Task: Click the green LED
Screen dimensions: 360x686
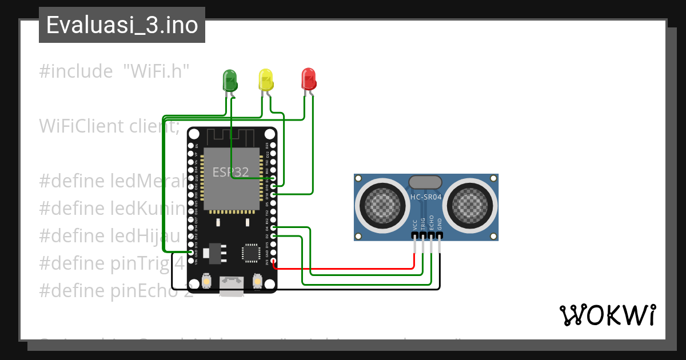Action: [229, 80]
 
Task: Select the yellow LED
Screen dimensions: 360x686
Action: [266, 79]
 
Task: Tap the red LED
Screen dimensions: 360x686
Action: [308, 78]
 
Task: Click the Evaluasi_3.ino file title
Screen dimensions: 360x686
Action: [122, 26]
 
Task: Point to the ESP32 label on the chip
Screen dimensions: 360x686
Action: [230, 172]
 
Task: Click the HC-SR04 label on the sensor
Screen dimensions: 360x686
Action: [426, 197]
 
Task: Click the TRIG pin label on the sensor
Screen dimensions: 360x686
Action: [423, 223]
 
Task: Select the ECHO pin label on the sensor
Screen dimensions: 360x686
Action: [432, 222]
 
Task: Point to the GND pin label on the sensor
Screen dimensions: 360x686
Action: [440, 223]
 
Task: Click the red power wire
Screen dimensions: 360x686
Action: [343, 267]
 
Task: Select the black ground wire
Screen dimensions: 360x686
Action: [343, 289]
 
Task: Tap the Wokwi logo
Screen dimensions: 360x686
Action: [607, 315]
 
